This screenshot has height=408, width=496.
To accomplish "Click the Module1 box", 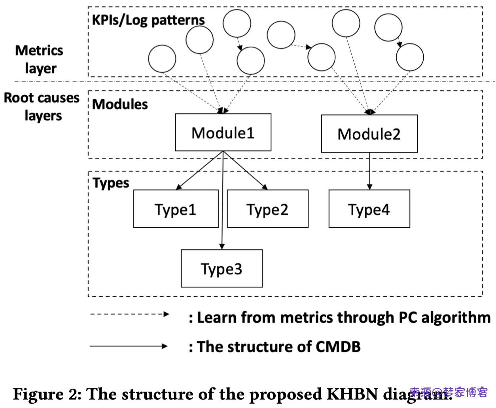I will [x=223, y=132].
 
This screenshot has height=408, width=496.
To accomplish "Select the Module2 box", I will [x=369, y=134].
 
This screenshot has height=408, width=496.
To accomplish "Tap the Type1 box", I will [x=176, y=209].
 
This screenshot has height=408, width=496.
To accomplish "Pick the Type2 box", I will [x=267, y=209].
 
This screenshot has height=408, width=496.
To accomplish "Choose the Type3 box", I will [x=221, y=268].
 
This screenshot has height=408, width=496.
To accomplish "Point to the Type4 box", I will [x=369, y=209].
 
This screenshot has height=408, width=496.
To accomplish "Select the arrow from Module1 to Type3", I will [x=223, y=202].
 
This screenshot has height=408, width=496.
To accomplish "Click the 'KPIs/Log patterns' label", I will [x=148, y=20].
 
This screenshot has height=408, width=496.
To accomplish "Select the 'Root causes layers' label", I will [x=42, y=106].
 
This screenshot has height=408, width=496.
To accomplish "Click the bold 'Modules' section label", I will [x=120, y=104].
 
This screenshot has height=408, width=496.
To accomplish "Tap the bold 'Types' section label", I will [x=111, y=183].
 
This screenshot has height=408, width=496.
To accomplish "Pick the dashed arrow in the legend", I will [x=129, y=314].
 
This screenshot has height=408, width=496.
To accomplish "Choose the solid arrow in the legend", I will [x=129, y=346].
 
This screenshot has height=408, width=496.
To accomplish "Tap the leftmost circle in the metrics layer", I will [x=162, y=59].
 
